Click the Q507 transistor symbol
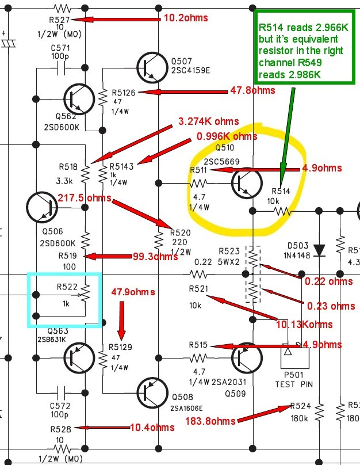pyautogui.click(x=152, y=67)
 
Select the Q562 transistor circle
pyautogui.click(x=79, y=99)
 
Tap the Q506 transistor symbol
pyautogui.click(x=42, y=207)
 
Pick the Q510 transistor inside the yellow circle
pyautogui.click(x=247, y=183)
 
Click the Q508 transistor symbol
pyautogui.click(x=152, y=393)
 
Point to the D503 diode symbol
pyautogui.click(x=319, y=250)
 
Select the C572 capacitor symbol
pyautogui.click(x=61, y=393)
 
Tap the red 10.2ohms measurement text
pyautogui.click(x=186, y=18)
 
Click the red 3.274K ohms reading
pyautogui.click(x=209, y=121)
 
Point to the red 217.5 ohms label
pyautogui.click(x=85, y=198)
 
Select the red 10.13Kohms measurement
pyautogui.click(x=304, y=325)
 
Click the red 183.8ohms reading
pyautogui.click(x=210, y=421)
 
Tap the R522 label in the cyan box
pyautogui.click(x=67, y=287)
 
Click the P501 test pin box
pyautogui.click(x=295, y=358)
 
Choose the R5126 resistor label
pyautogui.click(x=124, y=93)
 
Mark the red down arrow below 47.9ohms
pyautogui.click(x=121, y=321)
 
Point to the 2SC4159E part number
pyautogui.click(x=190, y=71)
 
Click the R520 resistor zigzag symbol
pyautogui.click(x=159, y=240)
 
